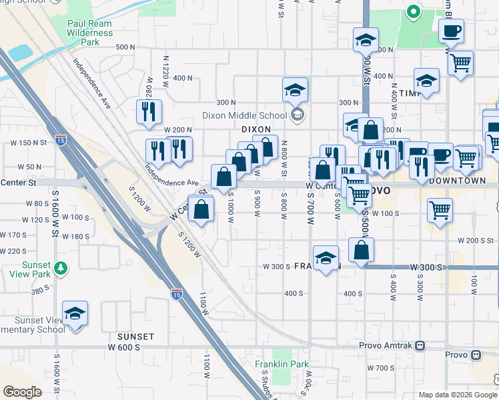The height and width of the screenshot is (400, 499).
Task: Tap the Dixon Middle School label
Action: [x=244, y=115]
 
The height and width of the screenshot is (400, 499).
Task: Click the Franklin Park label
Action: [x=282, y=364]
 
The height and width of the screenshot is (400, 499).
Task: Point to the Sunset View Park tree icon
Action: [x=61, y=267]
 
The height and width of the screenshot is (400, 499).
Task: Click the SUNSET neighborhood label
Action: [x=137, y=337]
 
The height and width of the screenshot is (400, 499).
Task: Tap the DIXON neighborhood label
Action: [x=256, y=129]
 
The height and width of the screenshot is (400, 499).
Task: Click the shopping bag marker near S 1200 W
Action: [x=201, y=209]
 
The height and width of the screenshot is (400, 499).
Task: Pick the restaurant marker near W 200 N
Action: [x=149, y=112]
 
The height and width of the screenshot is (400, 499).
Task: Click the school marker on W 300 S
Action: [x=325, y=258]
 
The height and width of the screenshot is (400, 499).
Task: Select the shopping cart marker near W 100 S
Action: [x=440, y=211]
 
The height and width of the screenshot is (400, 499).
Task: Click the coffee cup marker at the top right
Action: [x=452, y=31]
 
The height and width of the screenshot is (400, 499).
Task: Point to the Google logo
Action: [x=23, y=392]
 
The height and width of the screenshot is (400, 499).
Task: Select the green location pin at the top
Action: [x=413, y=11]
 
